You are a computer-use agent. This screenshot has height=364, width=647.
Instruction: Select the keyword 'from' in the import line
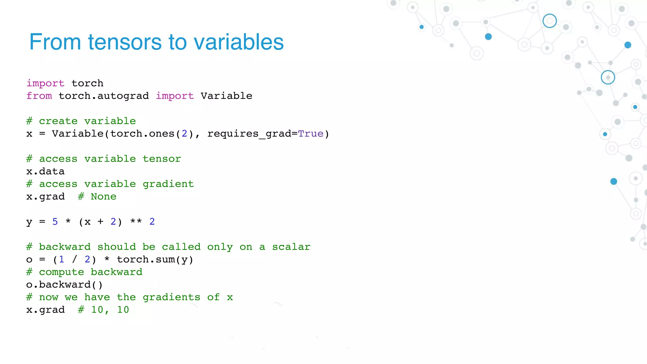[x=39, y=96]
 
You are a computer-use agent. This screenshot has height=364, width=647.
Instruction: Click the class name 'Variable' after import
[x=226, y=96]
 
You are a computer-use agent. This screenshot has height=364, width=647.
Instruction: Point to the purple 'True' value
[x=311, y=134]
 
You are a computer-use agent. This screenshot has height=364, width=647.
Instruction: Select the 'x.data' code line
[x=45, y=171]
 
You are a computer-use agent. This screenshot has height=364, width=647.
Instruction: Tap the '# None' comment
[x=97, y=197]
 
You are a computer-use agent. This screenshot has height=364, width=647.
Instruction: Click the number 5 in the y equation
[x=55, y=221]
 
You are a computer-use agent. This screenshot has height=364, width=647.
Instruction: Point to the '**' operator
[x=136, y=221]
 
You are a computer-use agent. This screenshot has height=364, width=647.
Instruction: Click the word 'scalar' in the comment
[x=291, y=247]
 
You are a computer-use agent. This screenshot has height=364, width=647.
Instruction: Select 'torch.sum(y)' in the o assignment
[x=155, y=259]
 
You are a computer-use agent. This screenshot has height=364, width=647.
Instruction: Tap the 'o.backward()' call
[x=64, y=285]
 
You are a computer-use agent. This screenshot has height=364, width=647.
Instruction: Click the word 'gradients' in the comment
[x=171, y=297]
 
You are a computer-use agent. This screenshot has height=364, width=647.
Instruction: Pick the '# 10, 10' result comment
[x=104, y=310]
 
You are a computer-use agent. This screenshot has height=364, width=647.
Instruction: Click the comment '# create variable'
[x=81, y=121]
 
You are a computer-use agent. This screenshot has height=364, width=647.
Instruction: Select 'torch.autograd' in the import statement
[x=104, y=96]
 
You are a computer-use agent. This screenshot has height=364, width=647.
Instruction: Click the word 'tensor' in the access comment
[x=162, y=159]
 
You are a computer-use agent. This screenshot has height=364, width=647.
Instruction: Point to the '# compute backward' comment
[x=84, y=272]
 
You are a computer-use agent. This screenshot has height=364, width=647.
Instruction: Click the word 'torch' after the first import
[x=88, y=83]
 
